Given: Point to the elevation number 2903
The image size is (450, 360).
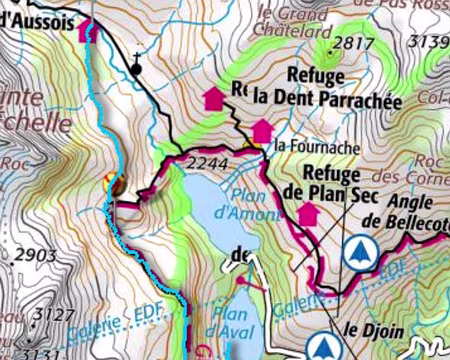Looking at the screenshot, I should (x=37, y=256).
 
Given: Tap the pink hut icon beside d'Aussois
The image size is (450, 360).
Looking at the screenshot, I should (x=86, y=30).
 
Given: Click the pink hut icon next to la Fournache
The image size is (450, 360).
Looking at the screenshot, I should (x=261, y=131).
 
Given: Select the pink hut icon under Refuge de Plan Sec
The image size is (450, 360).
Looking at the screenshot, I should (x=307, y=213).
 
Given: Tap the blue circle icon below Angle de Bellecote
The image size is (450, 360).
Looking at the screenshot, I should (x=359, y=253).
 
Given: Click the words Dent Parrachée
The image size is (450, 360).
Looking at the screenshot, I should (x=311, y=98).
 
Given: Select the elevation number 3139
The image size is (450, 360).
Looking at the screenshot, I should (x=431, y=41).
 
